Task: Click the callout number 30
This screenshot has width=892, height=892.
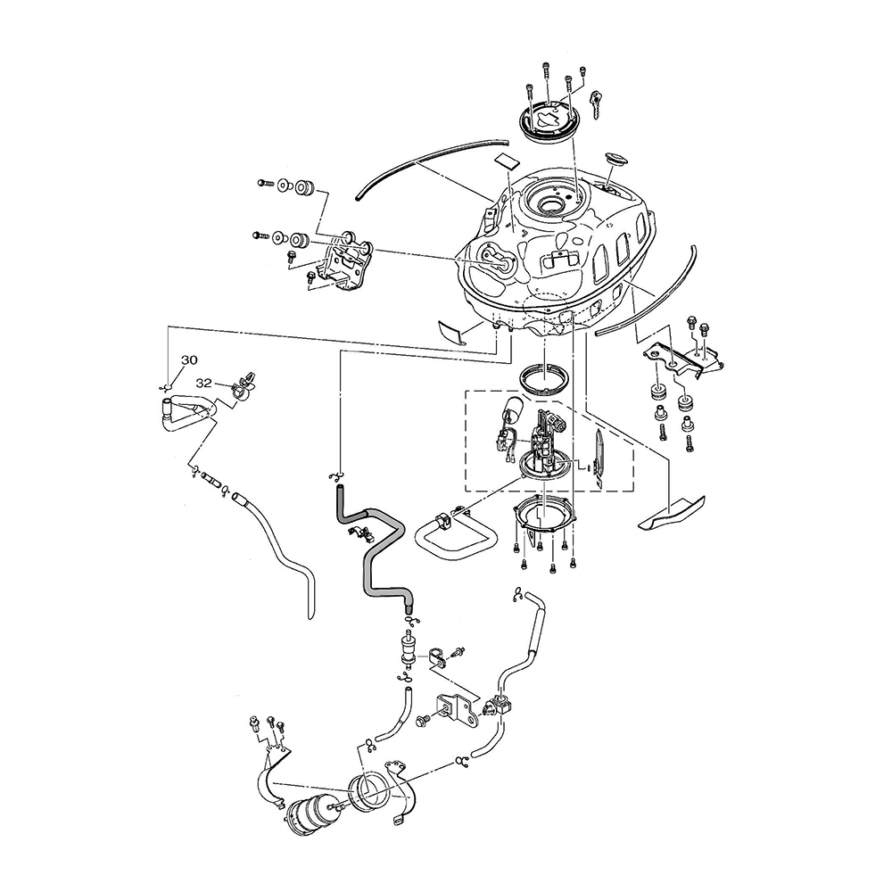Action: [189, 360]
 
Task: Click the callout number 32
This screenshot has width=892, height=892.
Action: [204, 382]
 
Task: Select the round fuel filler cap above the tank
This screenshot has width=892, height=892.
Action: [549, 120]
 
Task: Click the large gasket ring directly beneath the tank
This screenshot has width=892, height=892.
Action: [543, 378]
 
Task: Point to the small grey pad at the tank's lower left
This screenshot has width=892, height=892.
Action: [452, 330]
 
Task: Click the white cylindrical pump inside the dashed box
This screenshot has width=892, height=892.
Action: [512, 413]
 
